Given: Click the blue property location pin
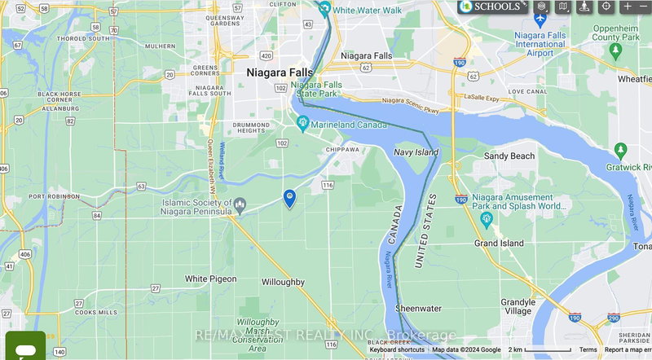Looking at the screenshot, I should coord(289,198).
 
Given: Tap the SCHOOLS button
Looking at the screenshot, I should coord(491,7).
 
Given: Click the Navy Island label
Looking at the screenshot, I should coord(416,151).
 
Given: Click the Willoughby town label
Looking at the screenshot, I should coord(283,282).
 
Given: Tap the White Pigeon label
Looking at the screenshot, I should coord(210,279).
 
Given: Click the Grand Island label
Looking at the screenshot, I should coord(498,243).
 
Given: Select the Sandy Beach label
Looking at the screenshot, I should coord(509,156).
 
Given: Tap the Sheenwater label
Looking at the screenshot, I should coord(418,309).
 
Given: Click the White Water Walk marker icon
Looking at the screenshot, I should coord(324,10).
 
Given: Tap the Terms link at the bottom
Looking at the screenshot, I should coord(588,349).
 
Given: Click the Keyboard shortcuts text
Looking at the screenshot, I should coord(396,349).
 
